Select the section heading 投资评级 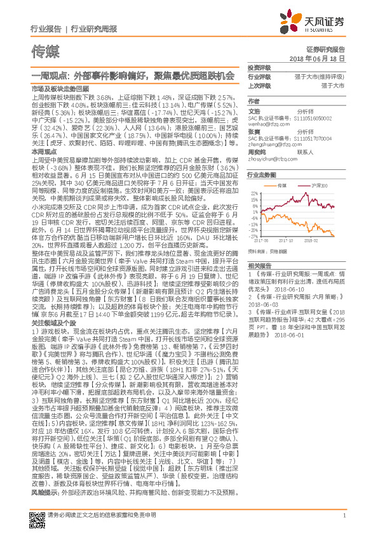pyautogui.click(x=259, y=67)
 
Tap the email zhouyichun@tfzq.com pyautogui.click(x=271, y=160)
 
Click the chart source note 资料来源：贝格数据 pyautogui.click(x=268, y=252)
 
